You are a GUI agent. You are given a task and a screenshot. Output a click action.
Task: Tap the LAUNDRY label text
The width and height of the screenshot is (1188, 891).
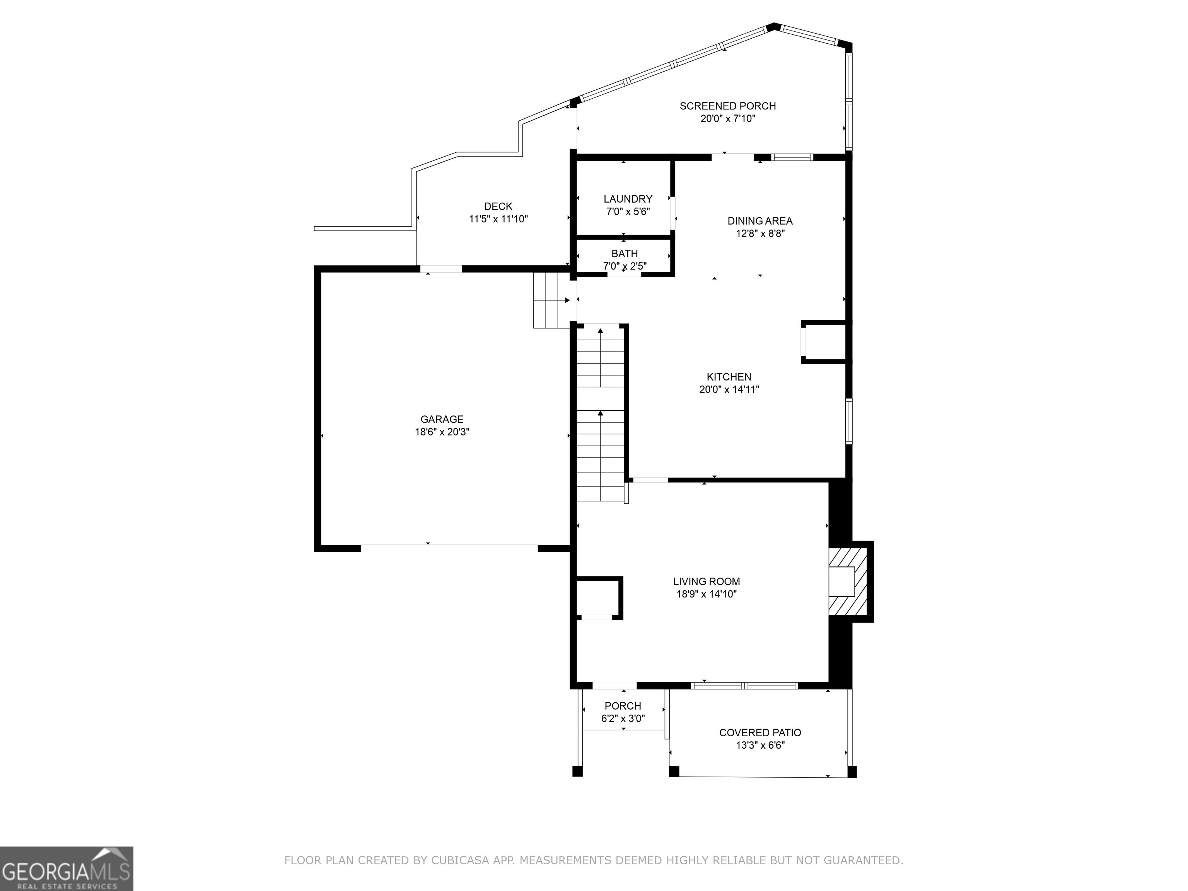click(628, 199)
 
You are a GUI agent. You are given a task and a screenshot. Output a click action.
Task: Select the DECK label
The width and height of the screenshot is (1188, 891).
click(498, 206)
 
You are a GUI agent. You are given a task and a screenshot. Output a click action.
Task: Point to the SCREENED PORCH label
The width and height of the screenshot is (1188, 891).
click(728, 106)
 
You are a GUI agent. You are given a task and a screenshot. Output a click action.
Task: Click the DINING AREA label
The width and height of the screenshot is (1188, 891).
click(760, 221)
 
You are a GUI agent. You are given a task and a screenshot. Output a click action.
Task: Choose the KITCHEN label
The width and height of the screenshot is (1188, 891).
click(729, 377)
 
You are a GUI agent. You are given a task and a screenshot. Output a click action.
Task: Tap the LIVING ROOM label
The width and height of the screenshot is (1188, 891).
click(706, 582)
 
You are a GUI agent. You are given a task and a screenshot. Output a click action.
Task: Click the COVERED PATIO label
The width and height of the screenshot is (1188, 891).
click(760, 732)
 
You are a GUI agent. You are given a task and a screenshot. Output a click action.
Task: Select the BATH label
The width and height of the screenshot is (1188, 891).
click(625, 254)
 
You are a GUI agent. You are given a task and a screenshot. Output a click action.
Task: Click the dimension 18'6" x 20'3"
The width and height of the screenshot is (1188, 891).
click(442, 432)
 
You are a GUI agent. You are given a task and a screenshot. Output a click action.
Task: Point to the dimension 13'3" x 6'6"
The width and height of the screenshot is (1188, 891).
click(760, 746)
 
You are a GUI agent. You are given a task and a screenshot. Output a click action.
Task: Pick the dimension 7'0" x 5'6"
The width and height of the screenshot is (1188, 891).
click(628, 212)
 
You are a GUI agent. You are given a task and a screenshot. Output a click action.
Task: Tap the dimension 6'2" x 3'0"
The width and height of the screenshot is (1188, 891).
click(623, 719)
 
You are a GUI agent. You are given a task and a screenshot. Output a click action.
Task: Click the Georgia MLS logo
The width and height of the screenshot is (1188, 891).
click(67, 869)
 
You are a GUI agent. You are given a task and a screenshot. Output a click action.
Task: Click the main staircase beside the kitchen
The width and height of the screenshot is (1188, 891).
click(601, 413)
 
